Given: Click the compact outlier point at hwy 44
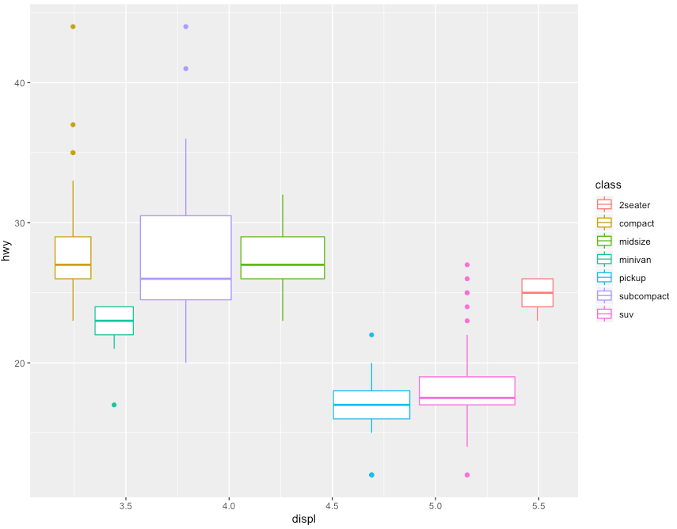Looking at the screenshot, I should point(73,27).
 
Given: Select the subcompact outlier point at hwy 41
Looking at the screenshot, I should point(186,69).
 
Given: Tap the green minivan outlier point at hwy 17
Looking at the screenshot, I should point(114,405).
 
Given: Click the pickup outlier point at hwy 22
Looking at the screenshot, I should point(371,335).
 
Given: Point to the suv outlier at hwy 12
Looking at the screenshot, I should point(467,475).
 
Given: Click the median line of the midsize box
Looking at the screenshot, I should point(282,264).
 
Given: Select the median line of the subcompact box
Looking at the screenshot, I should point(186,279).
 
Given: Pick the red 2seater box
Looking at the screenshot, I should point(537,293).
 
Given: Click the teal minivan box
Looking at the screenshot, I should point(114,321).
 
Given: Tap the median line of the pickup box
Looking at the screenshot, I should point(371,405).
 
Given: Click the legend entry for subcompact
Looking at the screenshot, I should point(633,296).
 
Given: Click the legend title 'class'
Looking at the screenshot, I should point(608,185).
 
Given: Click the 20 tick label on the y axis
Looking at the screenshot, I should point(19,363).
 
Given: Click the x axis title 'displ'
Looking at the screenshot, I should point(304,519).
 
